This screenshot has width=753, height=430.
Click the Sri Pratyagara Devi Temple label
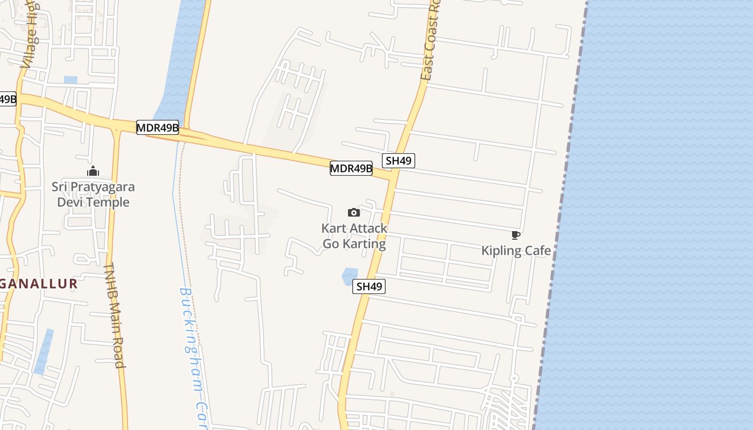(93, 195)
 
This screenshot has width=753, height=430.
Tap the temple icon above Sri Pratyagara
(93, 171)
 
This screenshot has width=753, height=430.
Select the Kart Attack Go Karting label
(354, 236)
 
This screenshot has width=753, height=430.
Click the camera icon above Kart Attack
(353, 212)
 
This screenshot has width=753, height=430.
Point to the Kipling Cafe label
(516, 250)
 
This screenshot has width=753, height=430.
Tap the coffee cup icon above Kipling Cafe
(515, 235)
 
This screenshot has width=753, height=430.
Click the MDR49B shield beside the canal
(157, 127)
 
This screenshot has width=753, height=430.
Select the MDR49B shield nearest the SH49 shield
(351, 168)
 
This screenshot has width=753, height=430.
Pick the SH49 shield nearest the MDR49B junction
(399, 160)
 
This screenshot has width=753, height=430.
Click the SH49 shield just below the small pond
(369, 286)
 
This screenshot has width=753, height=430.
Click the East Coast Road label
(431, 43)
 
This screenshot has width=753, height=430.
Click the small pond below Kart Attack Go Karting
(350, 276)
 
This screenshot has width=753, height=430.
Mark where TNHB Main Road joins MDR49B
(116, 129)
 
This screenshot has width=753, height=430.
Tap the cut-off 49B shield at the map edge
(8, 99)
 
